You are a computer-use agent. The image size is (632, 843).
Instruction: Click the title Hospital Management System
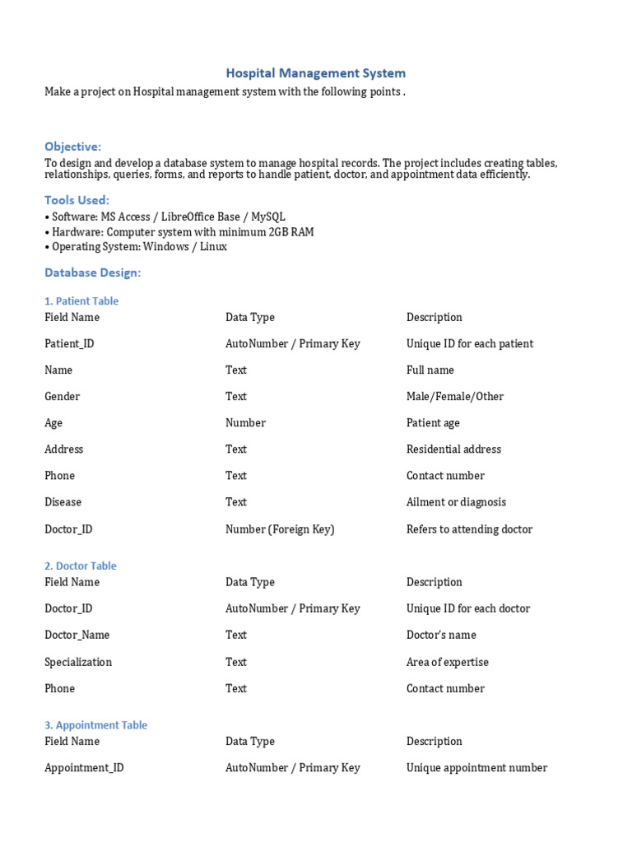pos(315,73)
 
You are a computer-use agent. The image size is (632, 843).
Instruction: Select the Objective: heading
pos(73,147)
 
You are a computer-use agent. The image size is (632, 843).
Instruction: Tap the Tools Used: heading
pos(77,200)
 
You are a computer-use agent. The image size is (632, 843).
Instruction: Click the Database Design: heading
pos(93,272)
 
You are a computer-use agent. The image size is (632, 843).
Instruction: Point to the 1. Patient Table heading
pos(81,301)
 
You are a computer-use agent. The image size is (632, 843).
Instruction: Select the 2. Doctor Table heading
pos(81,566)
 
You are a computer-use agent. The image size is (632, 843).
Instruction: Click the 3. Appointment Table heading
pos(96,725)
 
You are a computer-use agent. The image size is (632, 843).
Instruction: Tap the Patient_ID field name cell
pos(69,343)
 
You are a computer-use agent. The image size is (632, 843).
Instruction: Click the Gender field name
pos(63,396)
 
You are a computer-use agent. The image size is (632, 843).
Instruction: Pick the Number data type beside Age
pos(245,422)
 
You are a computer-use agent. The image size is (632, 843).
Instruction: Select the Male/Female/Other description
pos(455,396)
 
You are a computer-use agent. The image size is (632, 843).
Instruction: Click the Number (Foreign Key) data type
pos(280,529)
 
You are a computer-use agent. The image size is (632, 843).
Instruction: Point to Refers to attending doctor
pos(469,529)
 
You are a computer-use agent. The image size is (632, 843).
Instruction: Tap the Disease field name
pos(63,502)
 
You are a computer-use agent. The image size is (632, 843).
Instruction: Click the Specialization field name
pos(78,662)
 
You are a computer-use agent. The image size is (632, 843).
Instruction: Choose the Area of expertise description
pos(448,662)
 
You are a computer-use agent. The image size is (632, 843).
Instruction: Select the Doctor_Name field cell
pos(77,635)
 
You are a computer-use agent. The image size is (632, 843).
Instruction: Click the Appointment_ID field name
pos(84,768)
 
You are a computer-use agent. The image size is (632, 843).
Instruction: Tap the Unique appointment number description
pos(476,768)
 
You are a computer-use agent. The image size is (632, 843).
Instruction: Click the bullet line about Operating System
pos(136,247)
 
